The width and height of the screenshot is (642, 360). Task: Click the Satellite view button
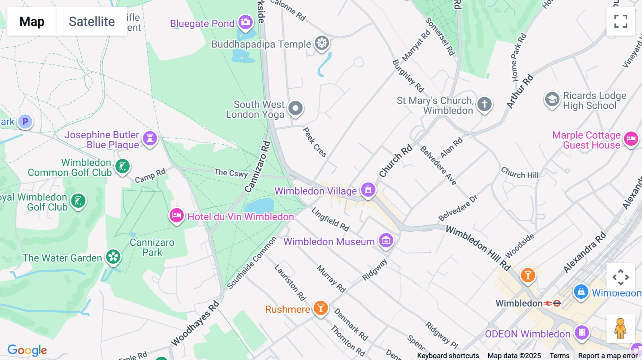[x=92, y=21]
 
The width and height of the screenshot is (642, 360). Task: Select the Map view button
[x=32, y=21]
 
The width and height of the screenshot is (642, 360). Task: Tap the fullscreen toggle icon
[x=621, y=21]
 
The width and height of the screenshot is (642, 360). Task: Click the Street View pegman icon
[x=620, y=328]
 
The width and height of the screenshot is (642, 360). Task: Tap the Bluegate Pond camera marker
[x=245, y=22]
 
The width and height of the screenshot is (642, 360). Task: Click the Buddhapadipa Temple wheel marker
[x=322, y=43]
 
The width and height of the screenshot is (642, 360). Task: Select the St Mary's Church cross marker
[x=484, y=104]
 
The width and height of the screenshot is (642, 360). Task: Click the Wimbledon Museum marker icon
[x=386, y=241]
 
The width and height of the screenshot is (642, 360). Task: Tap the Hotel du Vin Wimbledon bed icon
[x=177, y=215]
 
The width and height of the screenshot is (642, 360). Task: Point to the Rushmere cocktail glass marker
[x=321, y=308]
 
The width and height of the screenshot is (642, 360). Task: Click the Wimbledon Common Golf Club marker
[x=122, y=166]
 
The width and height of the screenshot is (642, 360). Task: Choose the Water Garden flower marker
[x=113, y=257]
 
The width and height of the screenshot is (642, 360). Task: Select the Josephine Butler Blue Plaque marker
[x=150, y=138]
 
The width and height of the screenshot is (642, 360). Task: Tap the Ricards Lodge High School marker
[x=552, y=99]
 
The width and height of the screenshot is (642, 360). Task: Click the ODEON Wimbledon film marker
[x=582, y=333]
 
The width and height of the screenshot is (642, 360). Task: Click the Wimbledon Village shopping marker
[x=368, y=190]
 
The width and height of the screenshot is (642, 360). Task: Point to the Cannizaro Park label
[x=152, y=247]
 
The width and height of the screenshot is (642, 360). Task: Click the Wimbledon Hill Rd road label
[x=478, y=248]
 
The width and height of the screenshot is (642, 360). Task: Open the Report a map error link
[x=608, y=355]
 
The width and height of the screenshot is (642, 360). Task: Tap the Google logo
[x=27, y=350]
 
